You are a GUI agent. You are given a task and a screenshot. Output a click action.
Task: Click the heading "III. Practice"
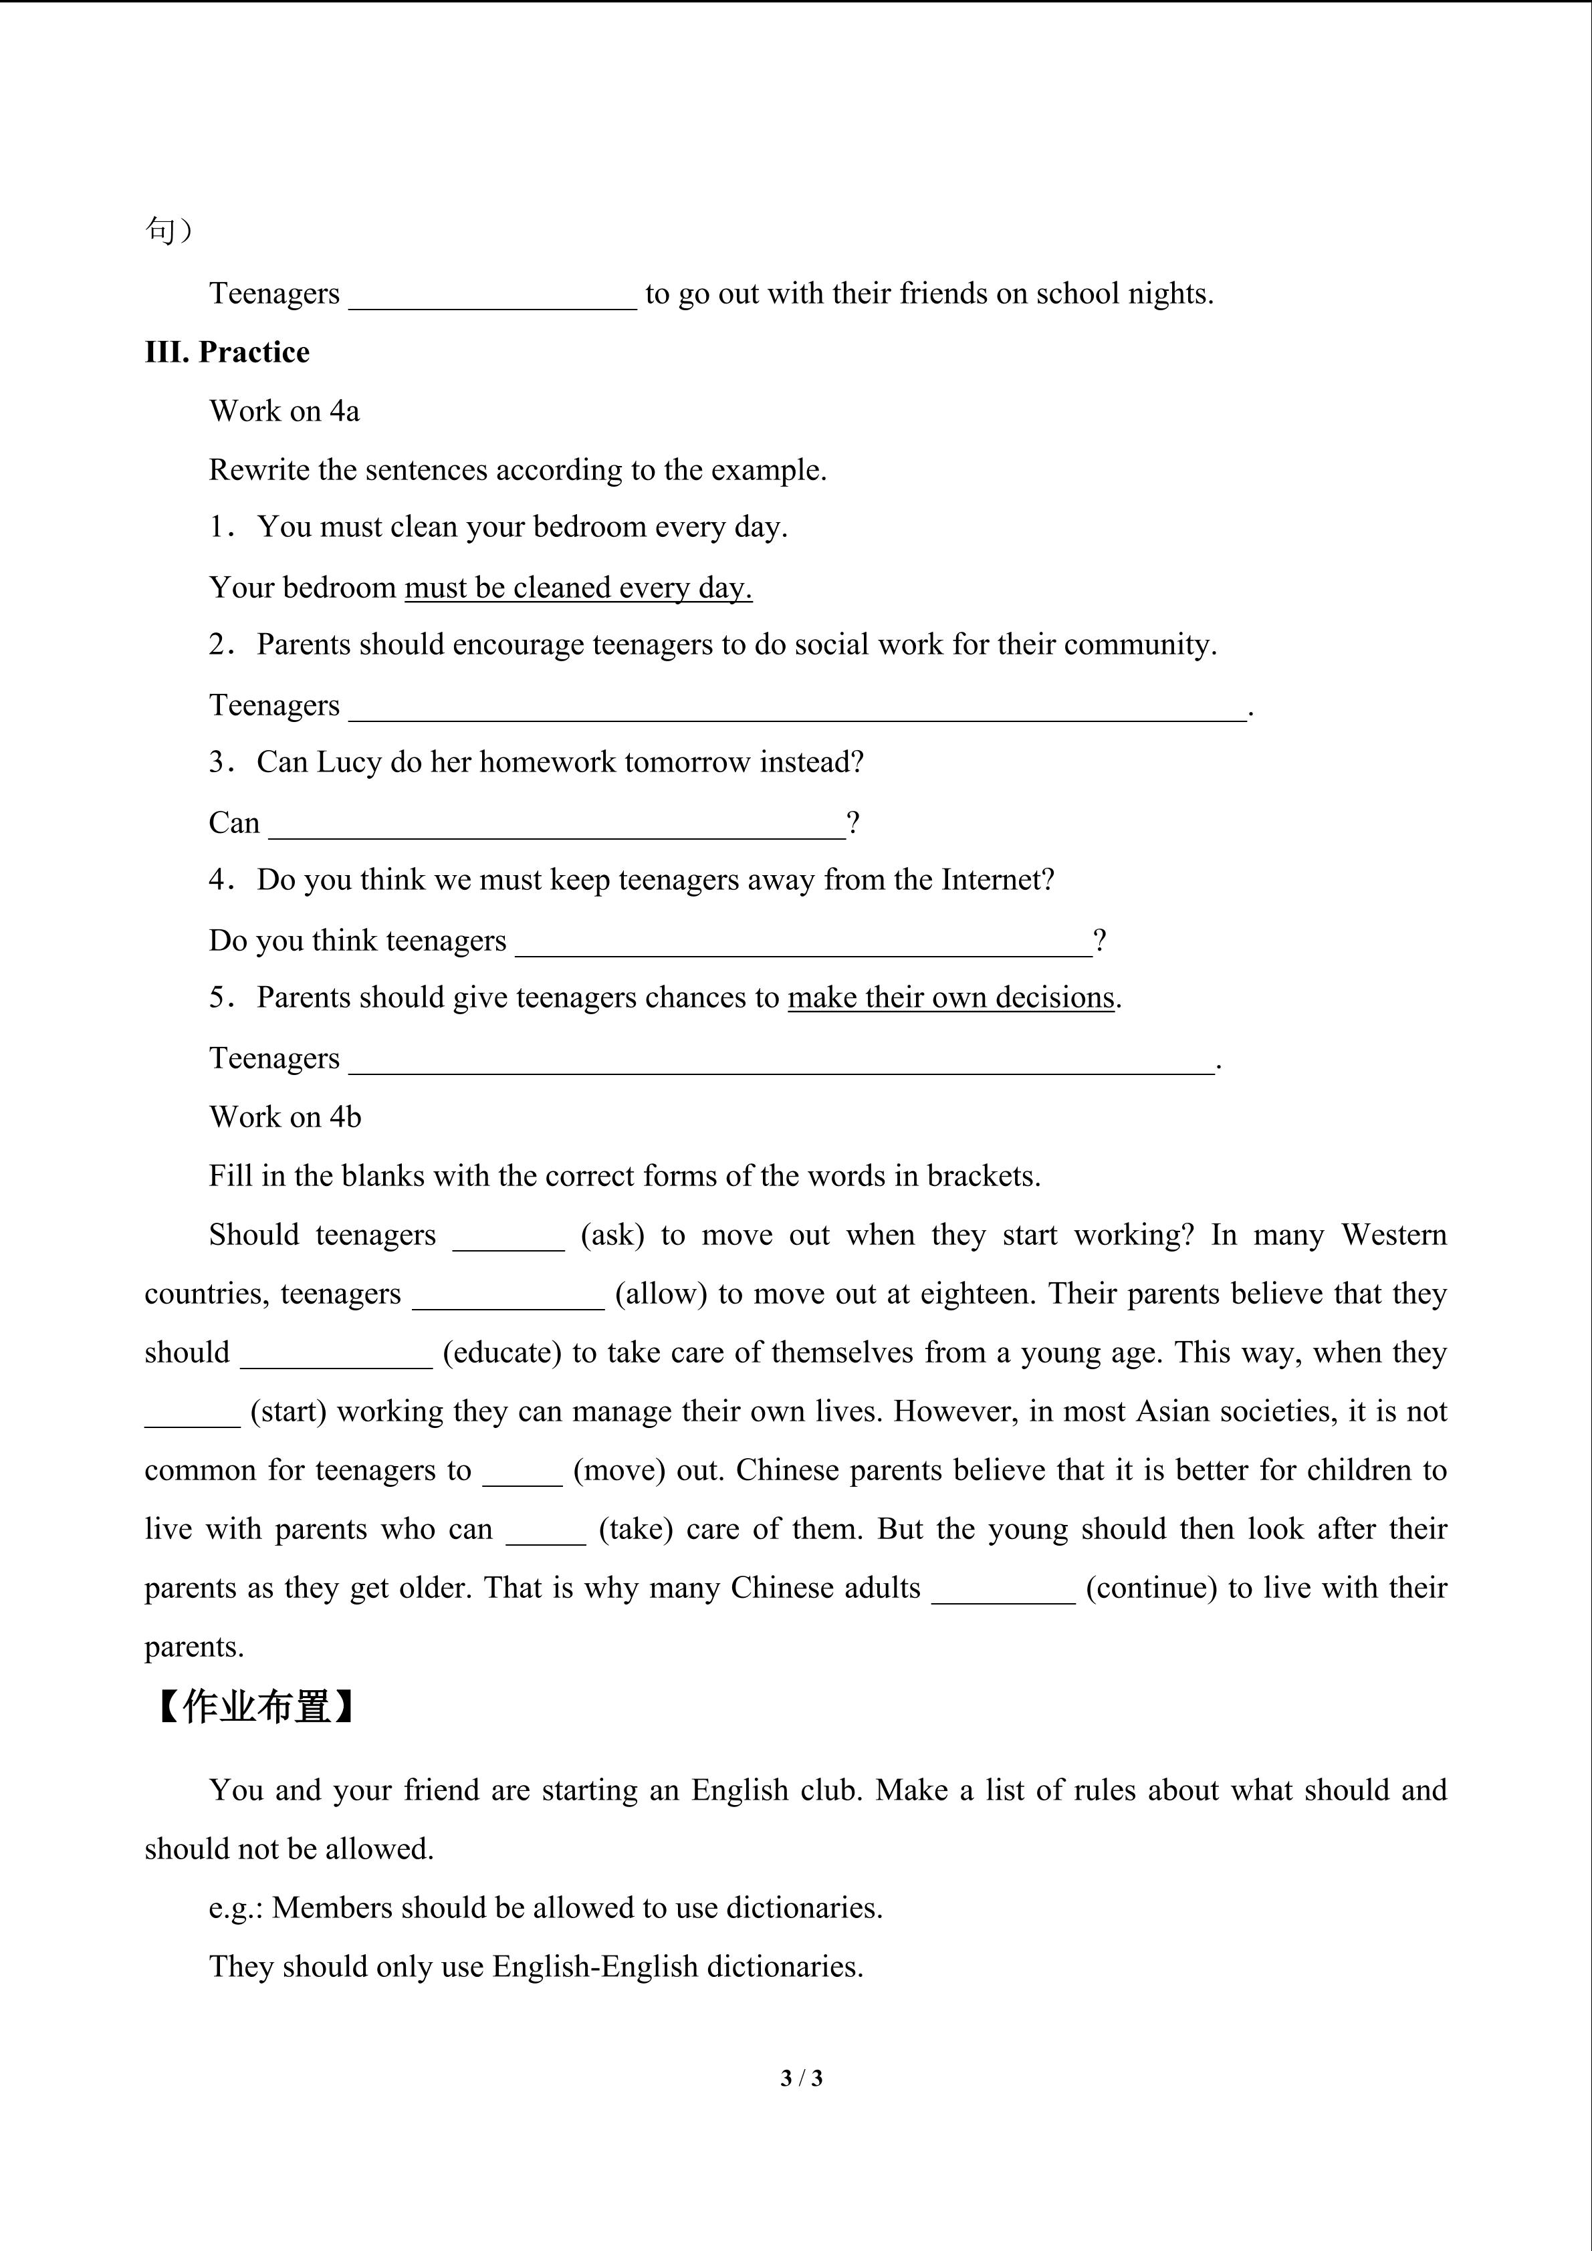click(x=227, y=352)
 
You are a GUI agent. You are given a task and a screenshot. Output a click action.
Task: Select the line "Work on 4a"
click(x=284, y=410)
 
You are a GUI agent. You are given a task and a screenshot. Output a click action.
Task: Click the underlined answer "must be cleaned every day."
click(x=578, y=587)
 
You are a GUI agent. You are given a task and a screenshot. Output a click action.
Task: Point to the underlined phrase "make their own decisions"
click(x=951, y=997)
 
